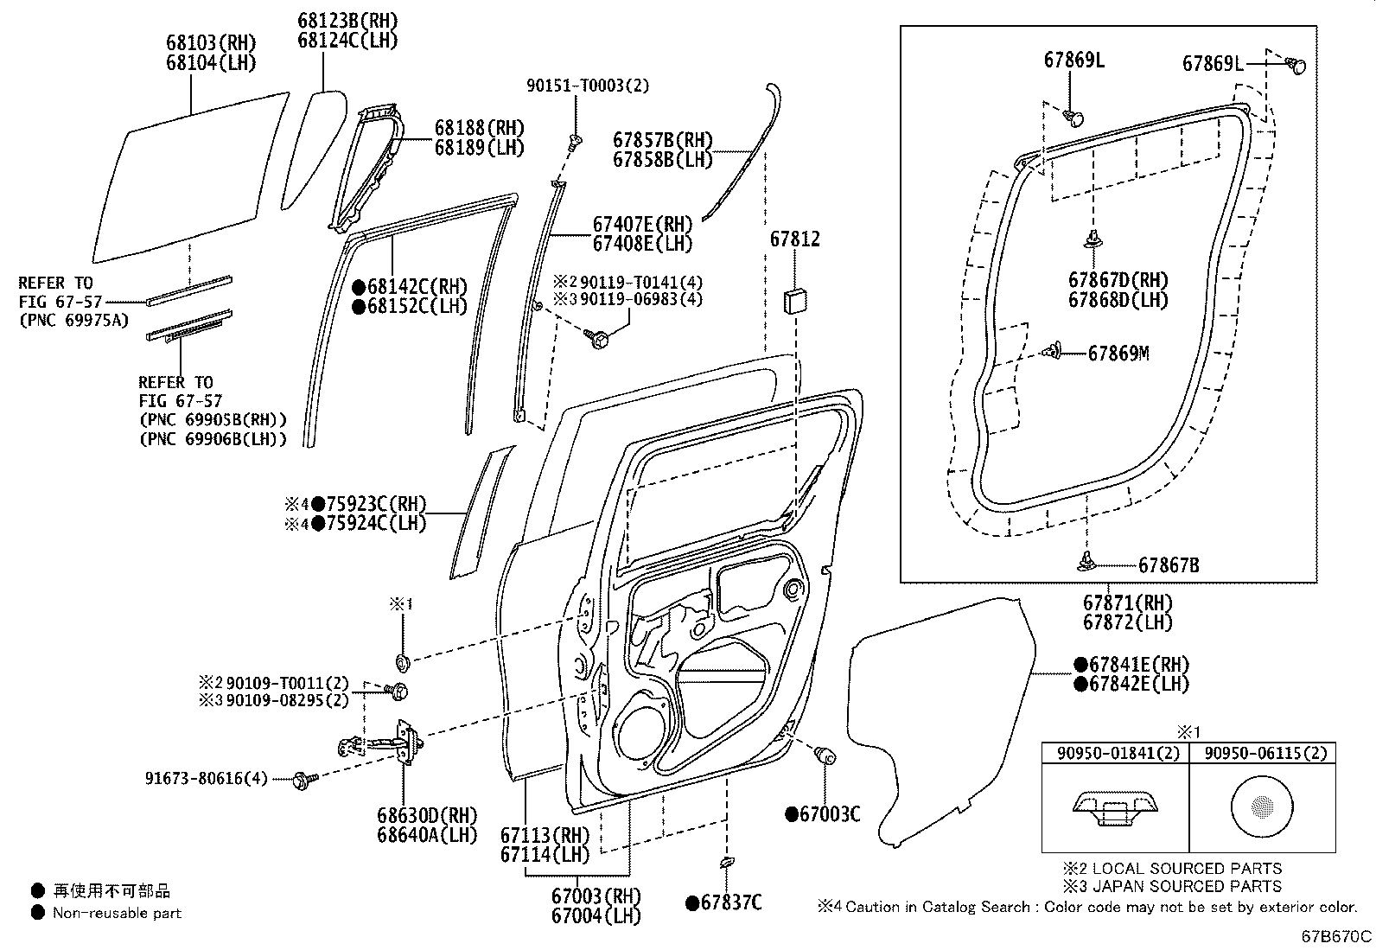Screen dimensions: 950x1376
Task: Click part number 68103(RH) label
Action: (211, 43)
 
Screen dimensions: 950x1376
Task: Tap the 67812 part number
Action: (794, 239)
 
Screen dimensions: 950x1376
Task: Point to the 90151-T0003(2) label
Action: (588, 85)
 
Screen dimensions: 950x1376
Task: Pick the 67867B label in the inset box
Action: (1168, 565)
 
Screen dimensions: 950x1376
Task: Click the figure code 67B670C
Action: (1336, 936)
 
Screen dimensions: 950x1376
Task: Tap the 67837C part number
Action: (730, 903)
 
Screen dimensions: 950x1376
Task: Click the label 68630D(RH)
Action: (426, 815)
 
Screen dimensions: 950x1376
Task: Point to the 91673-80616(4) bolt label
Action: (207, 779)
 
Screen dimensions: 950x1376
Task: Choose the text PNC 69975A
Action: (73, 321)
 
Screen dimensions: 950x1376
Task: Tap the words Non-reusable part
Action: (117, 913)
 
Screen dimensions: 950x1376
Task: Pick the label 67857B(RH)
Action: (663, 140)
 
